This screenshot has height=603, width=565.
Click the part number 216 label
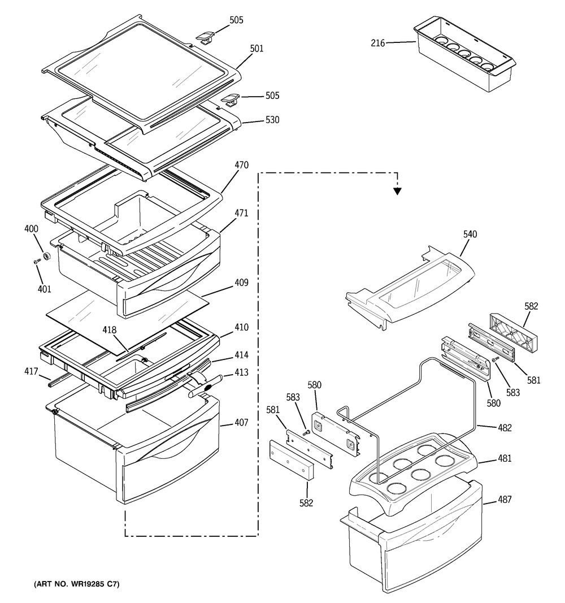point(377,43)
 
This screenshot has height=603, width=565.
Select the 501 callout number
point(257,49)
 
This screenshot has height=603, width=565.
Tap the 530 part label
point(272,120)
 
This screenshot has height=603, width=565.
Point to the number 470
point(241,165)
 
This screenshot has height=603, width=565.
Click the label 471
point(241,213)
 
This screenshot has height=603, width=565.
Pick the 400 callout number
point(31,229)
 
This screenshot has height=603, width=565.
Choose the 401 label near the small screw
point(44,289)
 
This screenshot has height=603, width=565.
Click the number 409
point(241,283)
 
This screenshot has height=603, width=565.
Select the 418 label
point(110,330)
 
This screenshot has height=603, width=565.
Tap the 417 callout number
point(31,371)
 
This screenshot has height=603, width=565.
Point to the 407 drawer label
point(241,423)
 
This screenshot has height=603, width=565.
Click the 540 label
point(470,234)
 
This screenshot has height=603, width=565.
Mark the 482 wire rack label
point(505,428)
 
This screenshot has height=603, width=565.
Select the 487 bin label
point(505,500)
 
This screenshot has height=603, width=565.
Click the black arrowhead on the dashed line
point(397,191)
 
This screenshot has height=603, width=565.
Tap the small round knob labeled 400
point(47,256)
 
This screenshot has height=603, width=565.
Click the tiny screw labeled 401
point(37,262)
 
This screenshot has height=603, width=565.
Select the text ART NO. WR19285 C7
point(77,584)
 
